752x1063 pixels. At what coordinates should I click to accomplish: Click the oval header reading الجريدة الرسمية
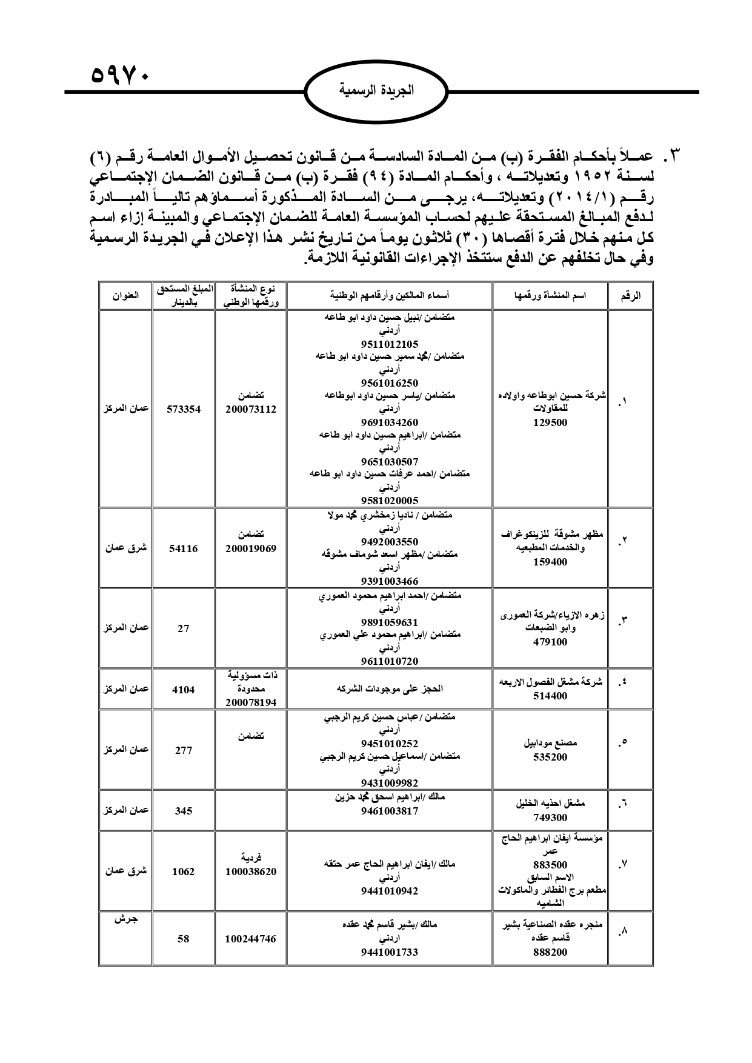376,91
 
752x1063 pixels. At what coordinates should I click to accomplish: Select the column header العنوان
125,296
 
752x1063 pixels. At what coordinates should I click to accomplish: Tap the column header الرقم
631,296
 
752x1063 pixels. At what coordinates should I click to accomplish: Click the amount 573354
184,409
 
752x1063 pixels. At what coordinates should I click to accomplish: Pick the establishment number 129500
550,422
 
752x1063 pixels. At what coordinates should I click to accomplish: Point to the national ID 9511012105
389,344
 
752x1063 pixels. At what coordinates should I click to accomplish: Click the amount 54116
184,548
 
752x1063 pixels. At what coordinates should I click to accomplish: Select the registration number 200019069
250,548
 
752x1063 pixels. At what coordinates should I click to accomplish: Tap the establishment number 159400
550,562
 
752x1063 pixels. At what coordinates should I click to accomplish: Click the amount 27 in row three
184,628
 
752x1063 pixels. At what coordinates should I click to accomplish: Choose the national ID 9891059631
389,622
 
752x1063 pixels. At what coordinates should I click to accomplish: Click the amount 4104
184,689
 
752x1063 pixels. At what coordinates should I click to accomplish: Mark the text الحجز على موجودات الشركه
389,689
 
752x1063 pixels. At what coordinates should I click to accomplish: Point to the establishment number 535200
550,757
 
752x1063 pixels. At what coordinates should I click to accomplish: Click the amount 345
184,811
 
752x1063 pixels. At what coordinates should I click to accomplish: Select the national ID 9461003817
389,811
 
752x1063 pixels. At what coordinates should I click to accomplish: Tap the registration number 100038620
250,871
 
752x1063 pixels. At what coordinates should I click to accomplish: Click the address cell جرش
125,919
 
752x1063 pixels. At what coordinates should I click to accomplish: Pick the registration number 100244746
250,939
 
